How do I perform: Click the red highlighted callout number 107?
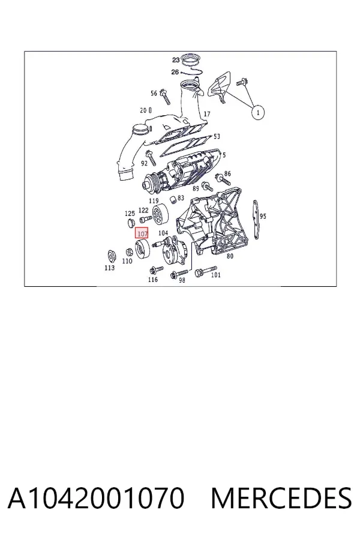142,234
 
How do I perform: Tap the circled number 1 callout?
258,112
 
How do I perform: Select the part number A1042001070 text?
96,499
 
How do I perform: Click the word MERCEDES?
281,499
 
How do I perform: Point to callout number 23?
176,60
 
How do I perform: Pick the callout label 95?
263,216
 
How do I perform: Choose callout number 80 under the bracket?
230,256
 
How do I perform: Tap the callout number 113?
110,268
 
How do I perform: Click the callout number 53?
217,136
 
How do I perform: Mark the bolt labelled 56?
166,97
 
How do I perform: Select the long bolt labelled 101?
206,271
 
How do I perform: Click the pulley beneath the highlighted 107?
142,249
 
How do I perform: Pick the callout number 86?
227,173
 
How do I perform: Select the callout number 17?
206,114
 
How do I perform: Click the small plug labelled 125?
131,223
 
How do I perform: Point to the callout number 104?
163,233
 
